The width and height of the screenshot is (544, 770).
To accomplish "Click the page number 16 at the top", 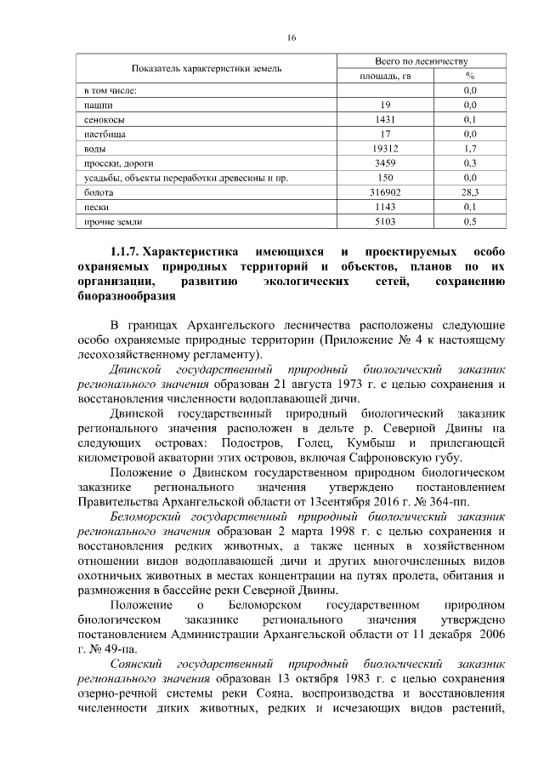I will [291, 38].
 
